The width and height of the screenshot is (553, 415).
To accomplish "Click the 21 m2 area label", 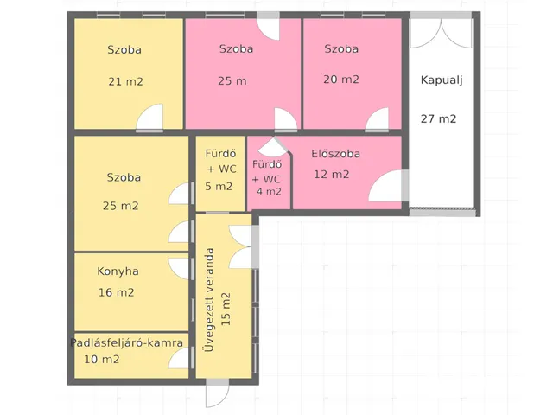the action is tap(125, 82).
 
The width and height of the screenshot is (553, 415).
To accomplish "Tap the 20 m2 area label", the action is tap(341, 80).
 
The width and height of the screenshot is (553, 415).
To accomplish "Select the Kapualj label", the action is tap(442, 80).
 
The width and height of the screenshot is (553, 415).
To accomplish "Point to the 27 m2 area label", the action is tap(438, 119).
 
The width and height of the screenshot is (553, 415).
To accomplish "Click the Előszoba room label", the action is tap(335, 154).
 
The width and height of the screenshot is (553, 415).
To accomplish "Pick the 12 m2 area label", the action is tap(331, 175).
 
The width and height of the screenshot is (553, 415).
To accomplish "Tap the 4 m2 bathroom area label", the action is tap(269, 192).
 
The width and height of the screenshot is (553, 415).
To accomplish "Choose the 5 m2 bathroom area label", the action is tap(219, 187).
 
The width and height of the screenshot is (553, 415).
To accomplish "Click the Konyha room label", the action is tap(118, 271).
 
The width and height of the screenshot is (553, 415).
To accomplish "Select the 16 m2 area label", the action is tap(116, 292).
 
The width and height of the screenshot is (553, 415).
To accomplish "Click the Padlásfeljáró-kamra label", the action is tap(127, 342).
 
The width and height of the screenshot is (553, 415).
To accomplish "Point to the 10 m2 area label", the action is tap(102, 360).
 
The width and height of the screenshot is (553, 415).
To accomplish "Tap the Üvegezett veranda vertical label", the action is tap(209, 300).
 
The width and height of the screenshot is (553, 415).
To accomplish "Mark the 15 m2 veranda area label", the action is tap(226, 310).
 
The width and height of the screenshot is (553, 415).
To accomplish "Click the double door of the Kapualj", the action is tap(441, 33).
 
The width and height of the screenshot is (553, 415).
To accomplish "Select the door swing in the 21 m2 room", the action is tap(149, 117).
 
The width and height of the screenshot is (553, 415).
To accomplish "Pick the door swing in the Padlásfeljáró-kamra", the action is tap(179, 357).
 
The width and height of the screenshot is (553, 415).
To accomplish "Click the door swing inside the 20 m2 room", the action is tap(378, 119).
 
